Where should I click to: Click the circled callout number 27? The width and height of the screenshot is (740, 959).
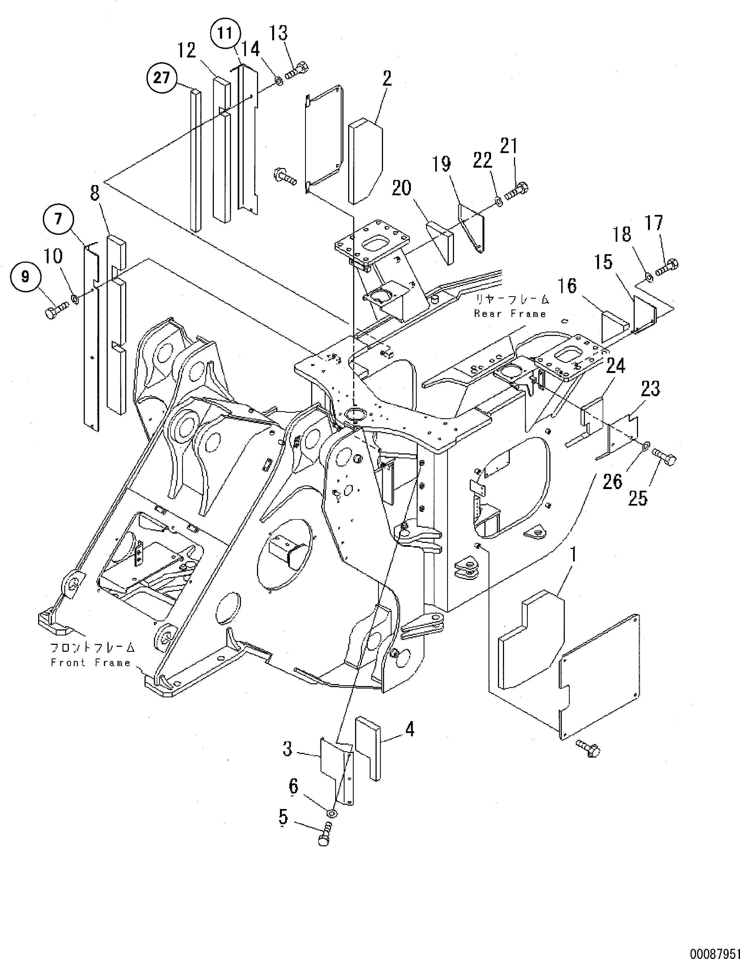[162, 78]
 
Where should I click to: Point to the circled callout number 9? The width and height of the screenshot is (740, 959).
[25, 277]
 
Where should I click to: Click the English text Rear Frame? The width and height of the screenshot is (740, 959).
[510, 314]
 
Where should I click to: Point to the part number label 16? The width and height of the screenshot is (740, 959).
[567, 286]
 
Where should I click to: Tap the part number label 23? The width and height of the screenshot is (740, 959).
[651, 389]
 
